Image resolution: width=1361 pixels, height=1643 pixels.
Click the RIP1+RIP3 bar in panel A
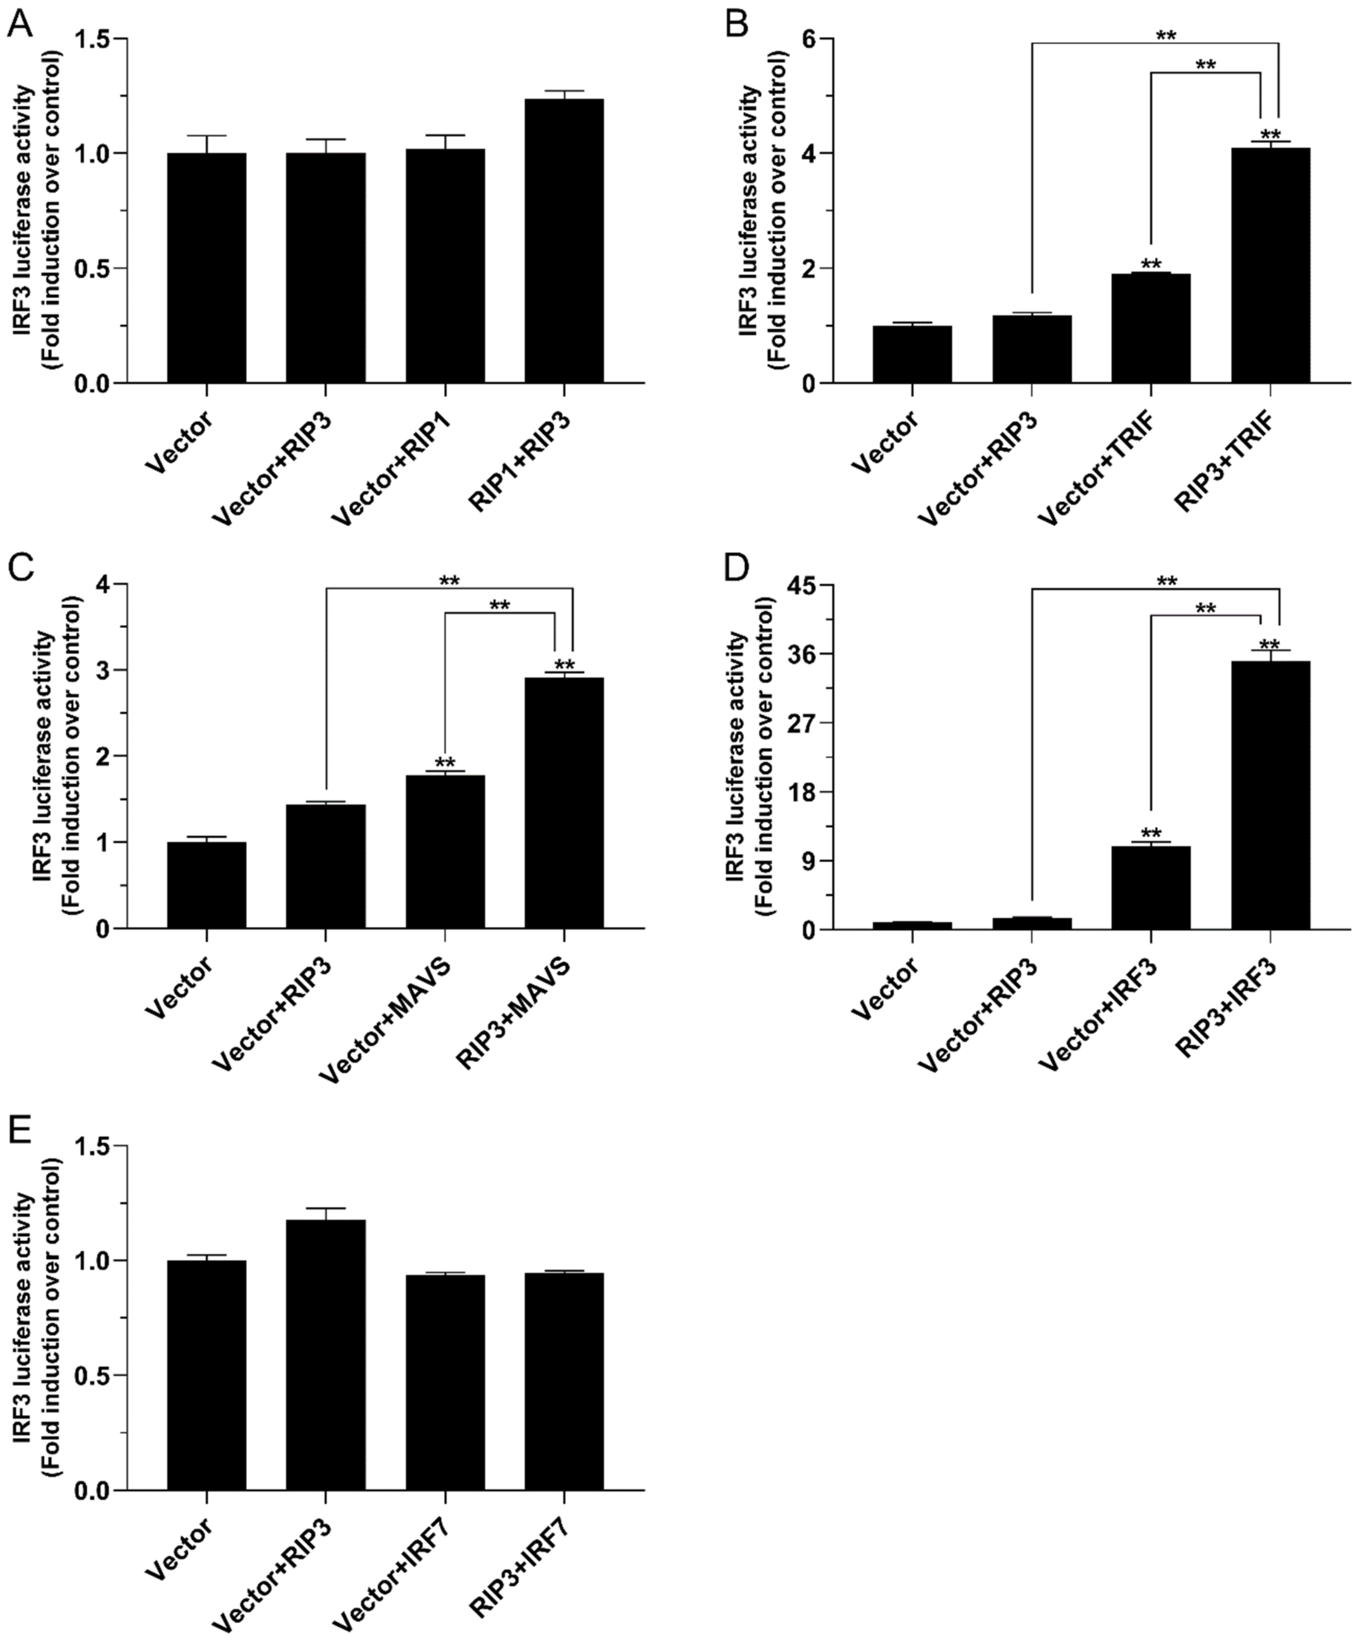click(564, 241)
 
